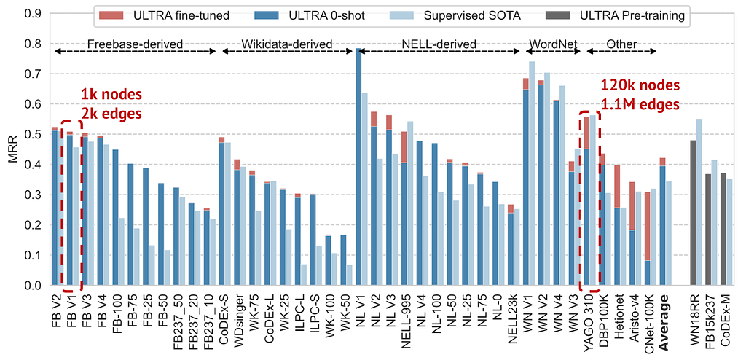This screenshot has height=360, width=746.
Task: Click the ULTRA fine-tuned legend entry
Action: point(164,16)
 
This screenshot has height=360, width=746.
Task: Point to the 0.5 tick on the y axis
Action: point(34,134)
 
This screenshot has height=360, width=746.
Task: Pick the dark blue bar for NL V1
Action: point(358,167)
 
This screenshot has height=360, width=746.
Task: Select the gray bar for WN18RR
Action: point(693,213)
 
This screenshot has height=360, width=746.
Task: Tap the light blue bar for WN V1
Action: point(532,173)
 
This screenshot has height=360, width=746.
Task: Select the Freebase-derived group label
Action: point(136,44)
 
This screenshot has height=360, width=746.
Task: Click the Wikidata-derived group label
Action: point(287,44)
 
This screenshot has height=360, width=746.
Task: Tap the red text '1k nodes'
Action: point(111,94)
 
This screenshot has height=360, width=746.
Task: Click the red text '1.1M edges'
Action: point(640,104)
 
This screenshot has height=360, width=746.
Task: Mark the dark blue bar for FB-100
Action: point(115,218)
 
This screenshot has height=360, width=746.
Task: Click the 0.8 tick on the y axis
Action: point(34,44)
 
